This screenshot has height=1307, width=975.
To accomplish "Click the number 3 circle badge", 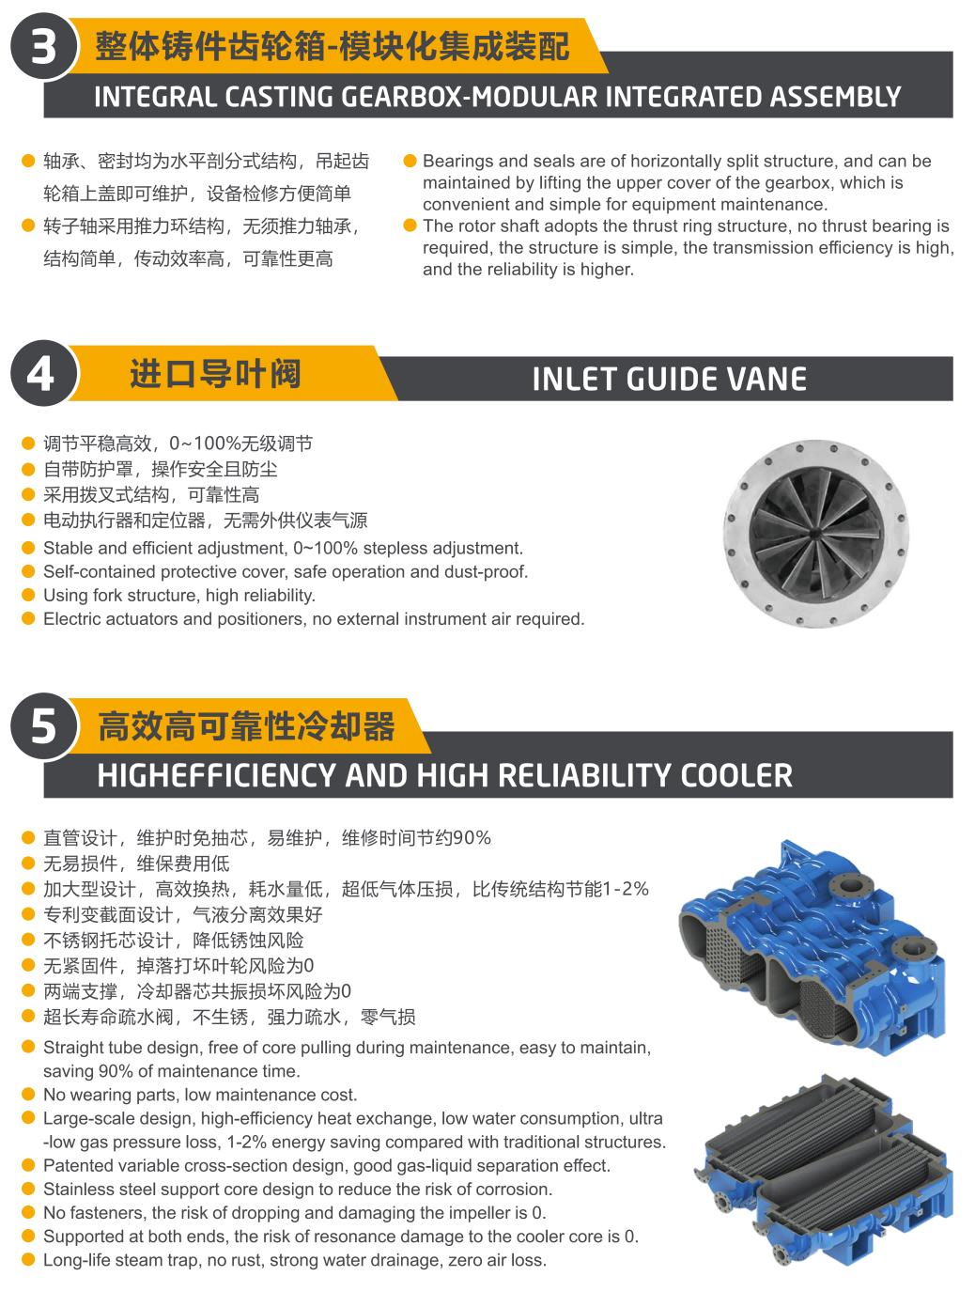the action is point(43,47).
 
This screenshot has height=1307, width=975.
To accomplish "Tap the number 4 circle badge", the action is point(43,373).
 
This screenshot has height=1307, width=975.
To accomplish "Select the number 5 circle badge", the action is point(43,725).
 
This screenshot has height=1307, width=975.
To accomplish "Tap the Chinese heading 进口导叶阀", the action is point(215,374).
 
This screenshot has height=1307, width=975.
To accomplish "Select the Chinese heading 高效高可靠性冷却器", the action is point(246,725).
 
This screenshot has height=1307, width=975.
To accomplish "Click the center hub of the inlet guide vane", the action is point(813,534).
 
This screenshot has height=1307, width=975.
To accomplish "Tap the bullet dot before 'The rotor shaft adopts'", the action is point(410,226).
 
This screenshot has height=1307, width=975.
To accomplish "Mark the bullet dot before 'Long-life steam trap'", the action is point(28,1259).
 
